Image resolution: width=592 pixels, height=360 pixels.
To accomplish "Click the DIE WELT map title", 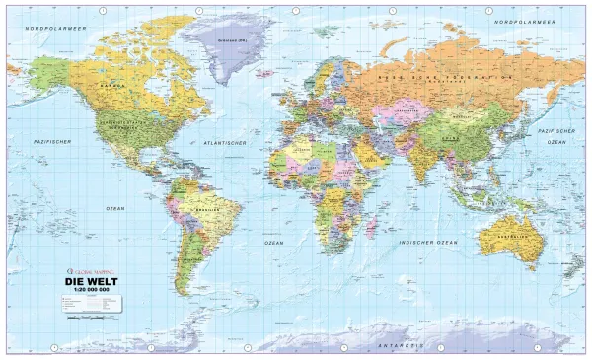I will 85,283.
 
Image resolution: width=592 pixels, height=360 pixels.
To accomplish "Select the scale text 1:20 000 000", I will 85,292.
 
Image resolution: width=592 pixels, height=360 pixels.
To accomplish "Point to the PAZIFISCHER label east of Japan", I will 557,129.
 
